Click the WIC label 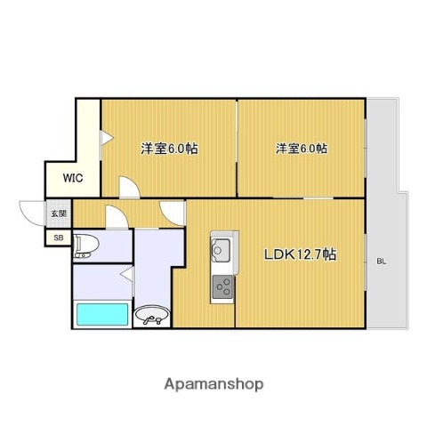[73, 177]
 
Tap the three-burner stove [221, 287]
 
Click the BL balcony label [381, 261]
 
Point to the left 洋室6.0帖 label [169, 149]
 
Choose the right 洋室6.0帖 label [300, 149]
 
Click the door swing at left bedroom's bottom [130, 186]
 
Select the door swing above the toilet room [116, 217]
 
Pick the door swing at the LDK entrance [172, 212]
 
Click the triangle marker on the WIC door [105, 137]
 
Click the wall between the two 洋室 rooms [237, 147]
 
